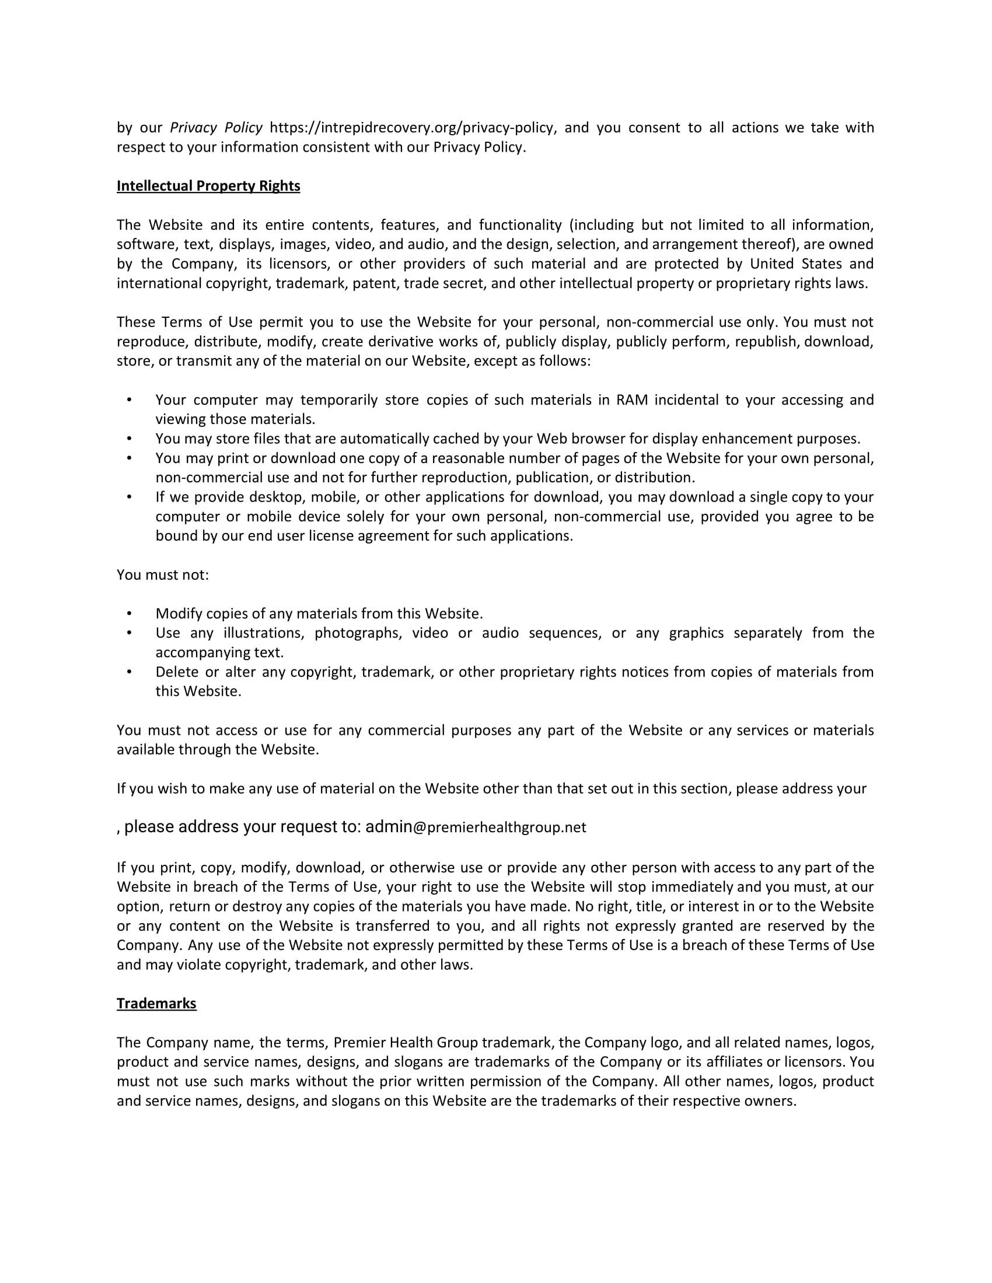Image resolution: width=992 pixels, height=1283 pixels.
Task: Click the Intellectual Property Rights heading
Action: click(208, 186)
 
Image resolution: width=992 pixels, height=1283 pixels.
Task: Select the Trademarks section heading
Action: click(156, 1004)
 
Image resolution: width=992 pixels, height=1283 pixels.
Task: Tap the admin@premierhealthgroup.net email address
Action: click(476, 827)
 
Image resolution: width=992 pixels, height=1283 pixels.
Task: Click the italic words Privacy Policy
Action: click(216, 128)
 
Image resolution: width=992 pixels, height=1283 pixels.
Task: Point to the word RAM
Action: click(632, 400)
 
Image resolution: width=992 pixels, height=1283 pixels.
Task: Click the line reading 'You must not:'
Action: click(163, 575)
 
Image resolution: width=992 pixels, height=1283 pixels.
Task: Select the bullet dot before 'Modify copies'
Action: click(130, 614)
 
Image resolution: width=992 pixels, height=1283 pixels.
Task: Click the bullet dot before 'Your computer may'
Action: click(130, 400)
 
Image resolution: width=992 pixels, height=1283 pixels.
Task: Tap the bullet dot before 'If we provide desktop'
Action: click(130, 497)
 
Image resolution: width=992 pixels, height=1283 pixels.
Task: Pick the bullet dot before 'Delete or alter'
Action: click(130, 672)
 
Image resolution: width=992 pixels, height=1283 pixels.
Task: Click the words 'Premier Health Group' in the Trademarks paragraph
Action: click(406, 1043)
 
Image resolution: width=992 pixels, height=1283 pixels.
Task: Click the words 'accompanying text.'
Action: click(219, 653)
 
